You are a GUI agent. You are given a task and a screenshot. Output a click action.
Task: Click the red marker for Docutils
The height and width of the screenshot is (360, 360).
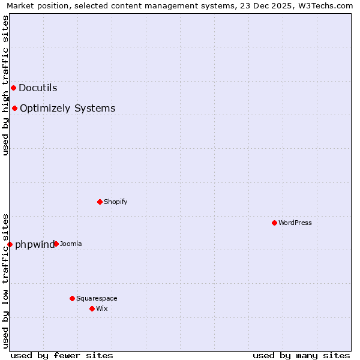tap(13, 88)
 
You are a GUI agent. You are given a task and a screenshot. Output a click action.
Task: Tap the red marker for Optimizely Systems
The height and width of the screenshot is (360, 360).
tap(14, 108)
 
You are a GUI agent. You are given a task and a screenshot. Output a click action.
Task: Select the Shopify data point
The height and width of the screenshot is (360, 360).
tap(100, 202)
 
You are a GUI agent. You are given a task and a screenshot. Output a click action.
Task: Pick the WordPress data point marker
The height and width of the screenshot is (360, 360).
tap(274, 223)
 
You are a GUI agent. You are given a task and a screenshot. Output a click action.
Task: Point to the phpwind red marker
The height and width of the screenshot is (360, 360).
tap(10, 244)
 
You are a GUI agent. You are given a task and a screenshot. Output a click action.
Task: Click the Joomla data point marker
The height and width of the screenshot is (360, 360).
tap(56, 244)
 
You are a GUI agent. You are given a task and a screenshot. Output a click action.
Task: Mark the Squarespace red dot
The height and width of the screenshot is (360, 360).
tap(72, 298)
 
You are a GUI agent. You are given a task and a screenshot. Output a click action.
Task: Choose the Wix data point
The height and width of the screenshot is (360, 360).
tap(92, 308)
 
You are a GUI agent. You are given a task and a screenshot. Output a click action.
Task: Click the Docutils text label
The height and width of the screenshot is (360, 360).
tap(38, 88)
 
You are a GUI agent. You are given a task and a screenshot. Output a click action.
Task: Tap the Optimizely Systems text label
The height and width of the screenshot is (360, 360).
tap(67, 108)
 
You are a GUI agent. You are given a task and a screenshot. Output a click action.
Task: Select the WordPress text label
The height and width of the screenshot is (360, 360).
tap(295, 223)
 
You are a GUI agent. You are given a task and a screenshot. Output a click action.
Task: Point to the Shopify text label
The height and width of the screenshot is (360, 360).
tap(115, 202)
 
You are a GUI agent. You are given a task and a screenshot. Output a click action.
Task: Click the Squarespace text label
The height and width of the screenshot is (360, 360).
tap(97, 298)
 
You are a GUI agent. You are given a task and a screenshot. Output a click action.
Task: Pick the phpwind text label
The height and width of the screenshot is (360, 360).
tap(34, 244)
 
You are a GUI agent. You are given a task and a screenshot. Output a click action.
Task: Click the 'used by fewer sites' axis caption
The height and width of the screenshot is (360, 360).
tap(62, 355)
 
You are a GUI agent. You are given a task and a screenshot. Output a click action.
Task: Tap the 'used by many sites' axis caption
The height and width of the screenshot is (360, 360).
tap(301, 355)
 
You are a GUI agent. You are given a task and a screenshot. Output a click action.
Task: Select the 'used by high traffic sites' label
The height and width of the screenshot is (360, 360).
tap(5, 85)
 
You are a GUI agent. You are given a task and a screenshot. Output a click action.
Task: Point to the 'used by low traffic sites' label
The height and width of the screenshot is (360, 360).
tap(5, 280)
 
